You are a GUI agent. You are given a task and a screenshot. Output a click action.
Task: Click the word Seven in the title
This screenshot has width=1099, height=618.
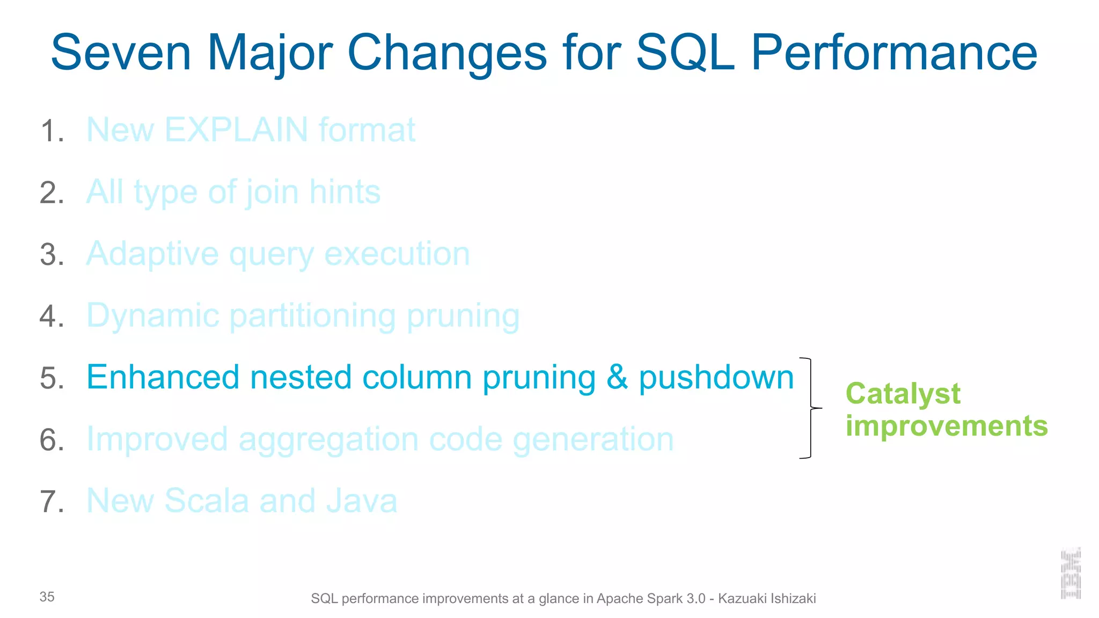click(121, 53)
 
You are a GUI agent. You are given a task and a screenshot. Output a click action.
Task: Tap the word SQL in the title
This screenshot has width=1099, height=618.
click(685, 53)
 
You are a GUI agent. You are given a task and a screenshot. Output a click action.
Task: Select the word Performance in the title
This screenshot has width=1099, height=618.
click(893, 53)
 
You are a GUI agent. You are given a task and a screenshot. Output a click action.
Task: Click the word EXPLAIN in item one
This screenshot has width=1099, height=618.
click(236, 130)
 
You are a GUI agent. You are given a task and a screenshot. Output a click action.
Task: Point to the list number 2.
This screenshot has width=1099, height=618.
click(52, 193)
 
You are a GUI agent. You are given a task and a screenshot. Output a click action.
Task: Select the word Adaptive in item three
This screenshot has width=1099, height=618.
click(152, 254)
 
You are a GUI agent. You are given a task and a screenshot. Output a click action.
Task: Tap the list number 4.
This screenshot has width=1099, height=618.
click(52, 316)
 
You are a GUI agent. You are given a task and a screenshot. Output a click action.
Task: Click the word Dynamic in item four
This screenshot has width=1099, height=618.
click(153, 316)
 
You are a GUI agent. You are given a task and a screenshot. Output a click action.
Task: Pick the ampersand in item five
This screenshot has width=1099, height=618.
click(617, 377)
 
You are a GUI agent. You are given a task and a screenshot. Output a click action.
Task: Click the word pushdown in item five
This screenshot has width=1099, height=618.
click(716, 378)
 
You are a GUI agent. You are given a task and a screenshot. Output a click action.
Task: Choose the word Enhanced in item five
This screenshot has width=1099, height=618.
click(163, 377)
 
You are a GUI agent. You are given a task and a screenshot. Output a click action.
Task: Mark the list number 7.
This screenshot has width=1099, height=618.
click(52, 502)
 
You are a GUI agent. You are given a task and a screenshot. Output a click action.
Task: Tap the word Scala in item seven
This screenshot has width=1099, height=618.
click(206, 501)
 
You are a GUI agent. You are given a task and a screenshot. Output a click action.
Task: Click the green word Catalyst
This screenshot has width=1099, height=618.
click(903, 394)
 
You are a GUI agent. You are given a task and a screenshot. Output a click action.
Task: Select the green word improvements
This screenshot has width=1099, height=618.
click(947, 426)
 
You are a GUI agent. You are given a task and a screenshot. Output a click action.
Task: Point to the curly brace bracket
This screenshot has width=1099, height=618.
click(810, 408)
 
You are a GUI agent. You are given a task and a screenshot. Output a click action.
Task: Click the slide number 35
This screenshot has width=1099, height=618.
click(47, 597)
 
